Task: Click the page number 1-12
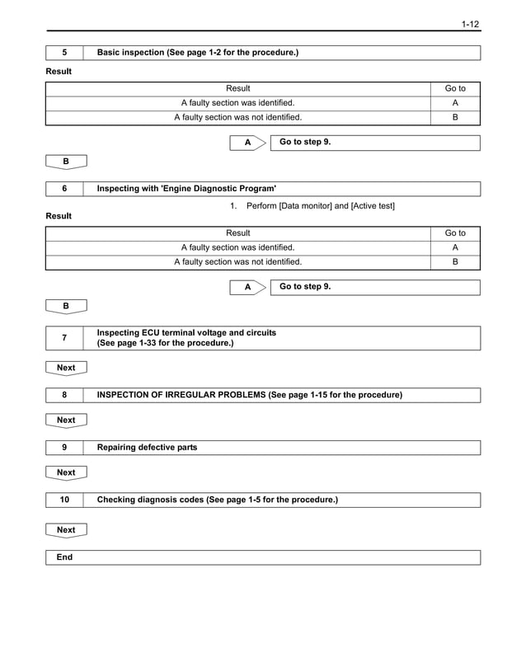pos(470,24)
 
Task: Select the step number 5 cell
pos(64,53)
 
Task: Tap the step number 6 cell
pos(64,189)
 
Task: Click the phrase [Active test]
pos(373,205)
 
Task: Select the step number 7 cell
pos(64,338)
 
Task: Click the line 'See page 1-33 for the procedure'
pos(165,343)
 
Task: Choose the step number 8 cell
pos(64,395)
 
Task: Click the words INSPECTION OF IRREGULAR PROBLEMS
pos(181,395)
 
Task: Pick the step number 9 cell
pos(64,448)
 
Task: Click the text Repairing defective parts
pos(147,448)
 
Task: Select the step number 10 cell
pos(64,500)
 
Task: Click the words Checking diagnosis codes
pos(150,500)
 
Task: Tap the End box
pos(64,557)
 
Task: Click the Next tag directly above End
pos(66,530)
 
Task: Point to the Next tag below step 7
pos(66,368)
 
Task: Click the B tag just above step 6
pos(66,162)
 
